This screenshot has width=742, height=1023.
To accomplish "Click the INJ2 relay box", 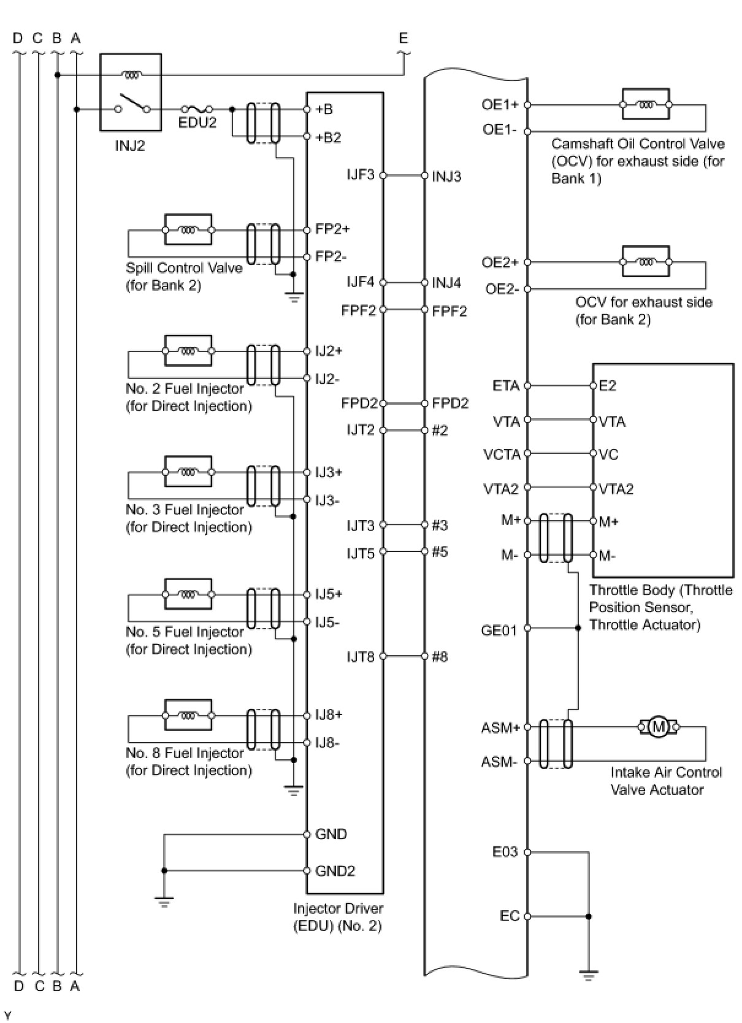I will click(131, 92).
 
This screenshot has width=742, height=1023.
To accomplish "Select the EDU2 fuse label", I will click(197, 122).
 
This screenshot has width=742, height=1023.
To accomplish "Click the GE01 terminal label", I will click(499, 630).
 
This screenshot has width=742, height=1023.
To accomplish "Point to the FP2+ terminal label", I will click(332, 229).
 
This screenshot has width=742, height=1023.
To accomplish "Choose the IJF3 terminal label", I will click(361, 175).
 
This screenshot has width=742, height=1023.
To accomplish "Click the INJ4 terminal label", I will click(446, 283).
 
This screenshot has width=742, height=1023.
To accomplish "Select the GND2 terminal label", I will click(335, 871).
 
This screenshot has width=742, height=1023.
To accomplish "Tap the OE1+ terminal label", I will click(500, 104).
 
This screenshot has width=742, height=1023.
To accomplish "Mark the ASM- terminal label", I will click(499, 762).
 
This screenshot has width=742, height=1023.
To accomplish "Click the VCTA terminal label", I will click(502, 454).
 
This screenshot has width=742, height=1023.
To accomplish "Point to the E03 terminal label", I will click(505, 852).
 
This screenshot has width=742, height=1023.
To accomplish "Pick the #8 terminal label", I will click(440, 657).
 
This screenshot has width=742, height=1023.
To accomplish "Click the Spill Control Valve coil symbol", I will click(188, 230).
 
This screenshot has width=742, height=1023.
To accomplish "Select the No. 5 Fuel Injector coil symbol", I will click(188, 594).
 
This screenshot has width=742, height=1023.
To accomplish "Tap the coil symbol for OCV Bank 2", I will click(646, 262).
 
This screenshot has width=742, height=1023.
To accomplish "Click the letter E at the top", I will click(403, 38).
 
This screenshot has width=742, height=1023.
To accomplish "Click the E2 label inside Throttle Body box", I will click(607, 386).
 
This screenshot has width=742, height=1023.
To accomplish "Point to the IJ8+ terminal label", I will click(329, 715).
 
